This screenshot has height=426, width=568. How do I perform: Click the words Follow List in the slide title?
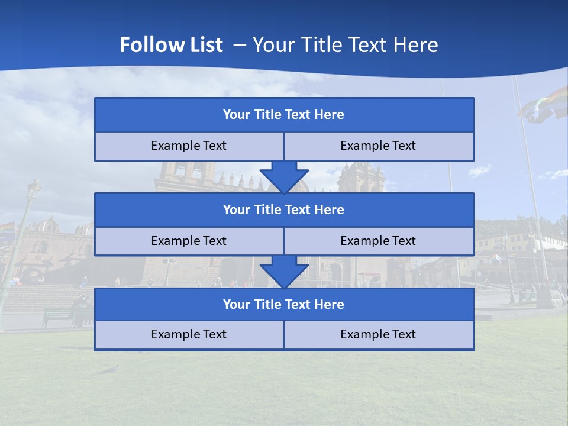pos(172,45)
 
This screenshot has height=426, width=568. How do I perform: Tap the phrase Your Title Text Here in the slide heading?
pos(346,45)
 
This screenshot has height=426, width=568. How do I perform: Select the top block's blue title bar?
pos(284,115)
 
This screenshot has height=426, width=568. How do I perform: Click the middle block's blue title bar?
pos(284,210)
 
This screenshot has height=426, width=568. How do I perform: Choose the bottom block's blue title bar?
pos(284,305)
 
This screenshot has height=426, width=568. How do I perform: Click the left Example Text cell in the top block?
pos(189,146)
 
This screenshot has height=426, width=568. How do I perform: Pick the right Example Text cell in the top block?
pos(379,146)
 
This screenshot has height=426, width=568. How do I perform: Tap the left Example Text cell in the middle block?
pos(189,241)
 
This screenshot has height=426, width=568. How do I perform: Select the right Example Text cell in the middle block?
pos(379,241)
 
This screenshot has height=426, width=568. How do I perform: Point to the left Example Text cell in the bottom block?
pos(189,335)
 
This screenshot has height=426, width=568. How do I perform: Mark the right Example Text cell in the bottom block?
pos(379,335)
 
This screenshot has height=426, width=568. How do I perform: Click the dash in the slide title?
pos(240,45)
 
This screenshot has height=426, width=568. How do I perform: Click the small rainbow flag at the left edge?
pos(7,228)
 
